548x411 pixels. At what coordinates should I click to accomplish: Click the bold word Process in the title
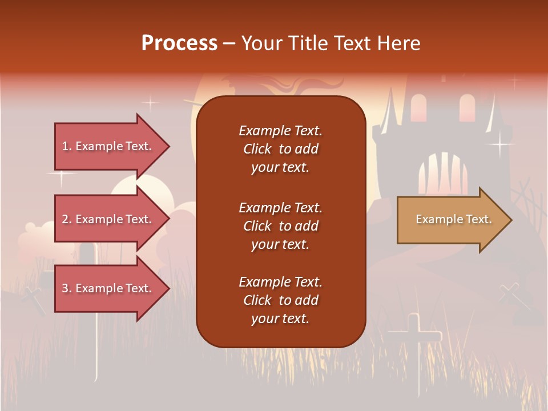tap(179, 43)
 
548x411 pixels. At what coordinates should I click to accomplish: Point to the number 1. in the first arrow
tap(67, 146)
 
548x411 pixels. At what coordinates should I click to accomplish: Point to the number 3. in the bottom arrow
tap(67, 288)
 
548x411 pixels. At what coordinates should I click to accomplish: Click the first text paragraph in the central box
tap(280, 149)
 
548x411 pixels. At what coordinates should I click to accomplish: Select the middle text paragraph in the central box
tap(280, 226)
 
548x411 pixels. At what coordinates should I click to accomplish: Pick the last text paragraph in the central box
tap(280, 300)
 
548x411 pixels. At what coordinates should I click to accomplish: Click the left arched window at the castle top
tap(418, 108)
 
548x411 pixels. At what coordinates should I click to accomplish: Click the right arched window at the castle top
tap(467, 108)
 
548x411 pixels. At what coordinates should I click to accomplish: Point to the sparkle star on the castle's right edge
tap(501, 144)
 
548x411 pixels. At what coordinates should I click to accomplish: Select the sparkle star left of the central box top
tap(150, 103)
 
